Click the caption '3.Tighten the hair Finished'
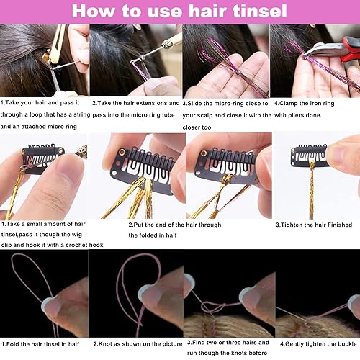[312, 225]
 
